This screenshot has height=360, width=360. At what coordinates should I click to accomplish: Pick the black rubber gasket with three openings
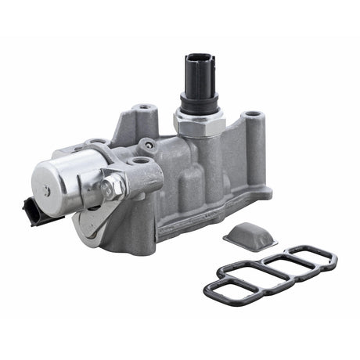coord(270,275)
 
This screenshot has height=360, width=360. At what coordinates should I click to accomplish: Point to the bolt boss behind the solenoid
coord(143,110)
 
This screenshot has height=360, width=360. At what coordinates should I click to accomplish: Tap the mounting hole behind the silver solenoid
coord(98,143)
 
